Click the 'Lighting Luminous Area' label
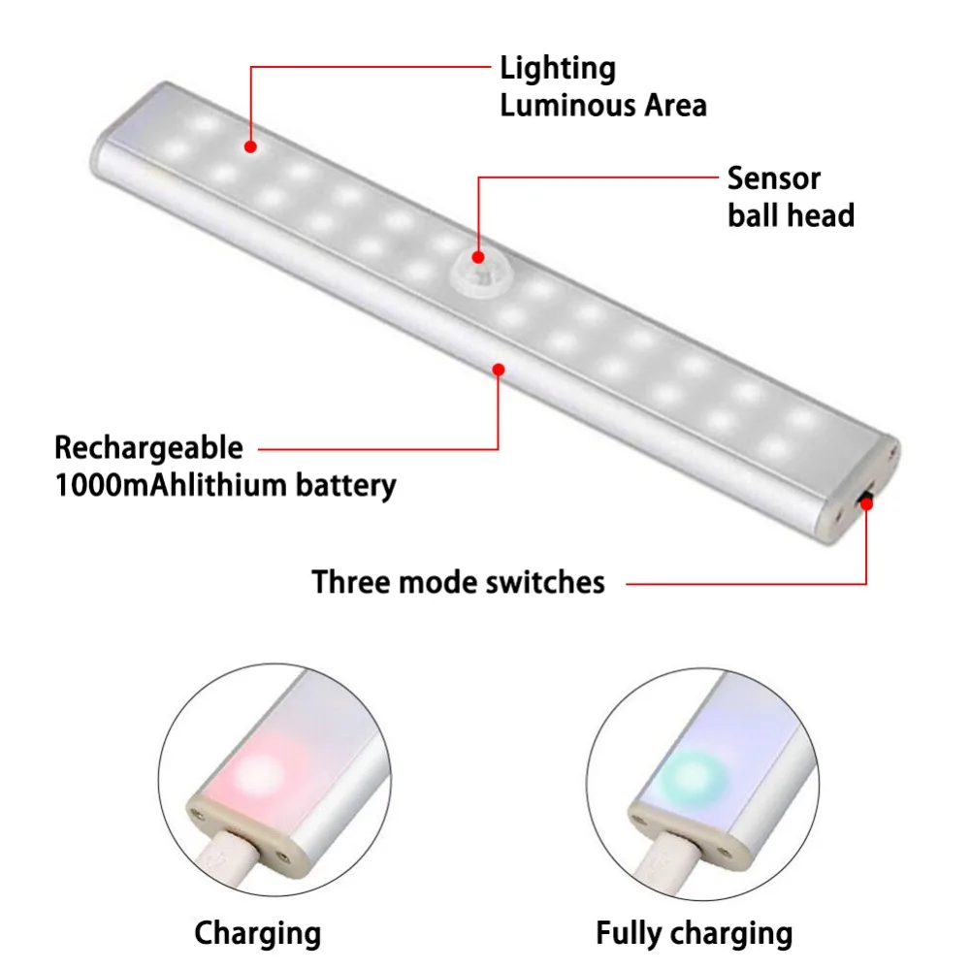[602, 86]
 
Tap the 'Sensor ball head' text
[790, 196]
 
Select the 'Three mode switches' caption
[458, 582]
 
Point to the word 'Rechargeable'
[148, 448]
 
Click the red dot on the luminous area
[250, 147]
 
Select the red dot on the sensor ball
[477, 257]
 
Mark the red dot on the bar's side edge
[499, 369]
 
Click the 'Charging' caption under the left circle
[257, 933]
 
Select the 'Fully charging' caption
[694, 933]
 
